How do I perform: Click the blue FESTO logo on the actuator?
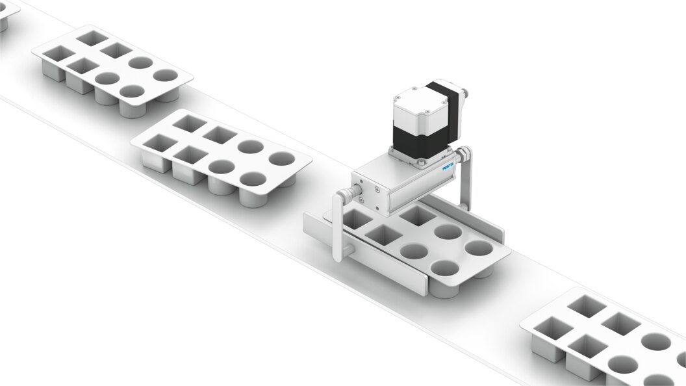pyautogui.click(x=448, y=167)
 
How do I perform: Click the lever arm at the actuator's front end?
pyautogui.click(x=337, y=227)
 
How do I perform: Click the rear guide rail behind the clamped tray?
pyautogui.click(x=463, y=215)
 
